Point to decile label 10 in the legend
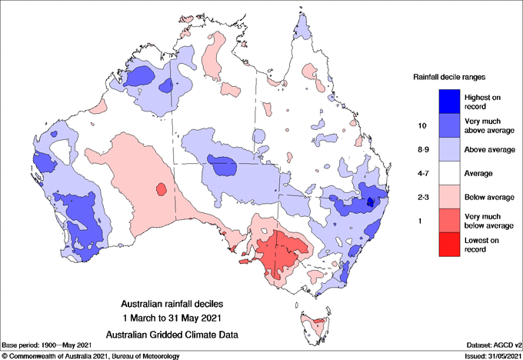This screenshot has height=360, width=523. [421, 125]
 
